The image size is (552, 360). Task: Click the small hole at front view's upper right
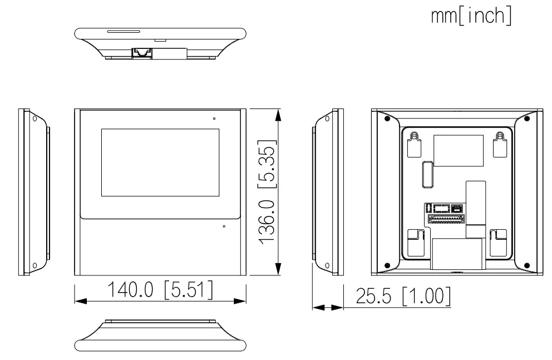(214, 119)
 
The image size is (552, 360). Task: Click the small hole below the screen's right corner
(224, 226)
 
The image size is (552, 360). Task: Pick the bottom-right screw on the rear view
(526, 265)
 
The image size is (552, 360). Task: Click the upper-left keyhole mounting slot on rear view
(413, 144)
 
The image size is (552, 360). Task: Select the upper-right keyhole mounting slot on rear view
(500, 144)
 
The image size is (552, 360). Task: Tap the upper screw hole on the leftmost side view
(34, 119)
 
